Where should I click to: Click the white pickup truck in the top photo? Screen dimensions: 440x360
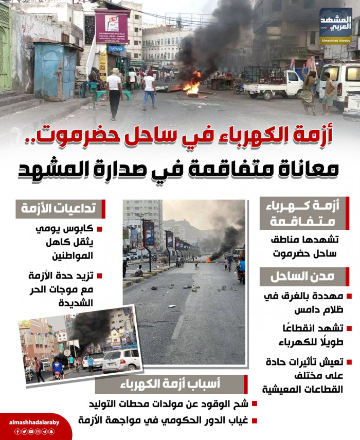(273, 83)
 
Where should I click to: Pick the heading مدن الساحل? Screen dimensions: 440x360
(301, 277)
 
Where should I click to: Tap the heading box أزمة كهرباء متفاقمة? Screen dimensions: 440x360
(301, 213)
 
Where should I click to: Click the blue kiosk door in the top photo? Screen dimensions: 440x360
(56, 72)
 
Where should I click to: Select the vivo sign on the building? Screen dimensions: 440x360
(116, 49)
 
